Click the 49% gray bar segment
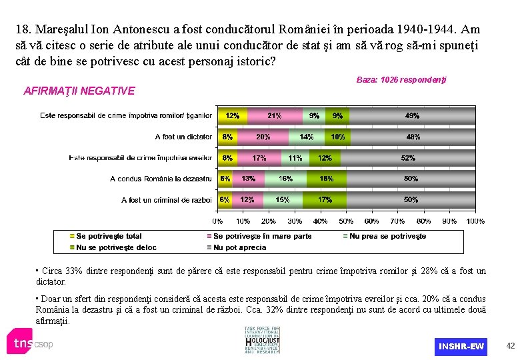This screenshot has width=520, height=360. point(412,116)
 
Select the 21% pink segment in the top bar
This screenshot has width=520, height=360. point(274,116)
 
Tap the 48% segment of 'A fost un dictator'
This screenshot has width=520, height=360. point(413,137)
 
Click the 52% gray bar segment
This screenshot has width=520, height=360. point(408,158)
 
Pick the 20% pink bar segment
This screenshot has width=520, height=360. point(263,137)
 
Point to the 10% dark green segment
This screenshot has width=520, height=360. point(337,137)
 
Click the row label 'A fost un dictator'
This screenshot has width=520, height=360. point(183,137)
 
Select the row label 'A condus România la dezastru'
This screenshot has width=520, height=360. point(161,179)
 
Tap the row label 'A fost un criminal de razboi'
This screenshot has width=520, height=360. point(167,199)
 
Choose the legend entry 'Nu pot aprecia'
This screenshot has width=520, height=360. point(239,247)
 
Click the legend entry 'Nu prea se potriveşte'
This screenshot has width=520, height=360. point(387,236)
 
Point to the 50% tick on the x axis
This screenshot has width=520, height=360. point(346,221)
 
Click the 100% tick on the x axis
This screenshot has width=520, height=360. point(475,221)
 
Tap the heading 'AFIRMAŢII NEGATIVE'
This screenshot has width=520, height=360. point(79,91)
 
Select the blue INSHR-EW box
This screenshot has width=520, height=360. point(461,346)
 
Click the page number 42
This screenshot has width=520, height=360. point(511,346)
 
